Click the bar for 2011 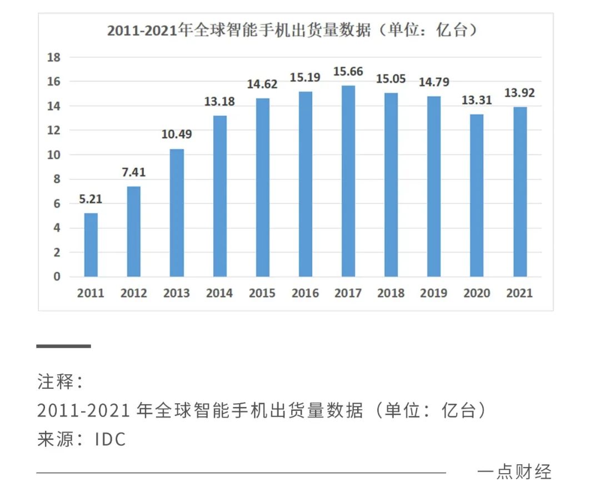point(91,245)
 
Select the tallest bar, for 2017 point(348,181)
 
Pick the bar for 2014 point(219,196)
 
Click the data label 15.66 point(348,72)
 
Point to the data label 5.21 point(91,199)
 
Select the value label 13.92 point(519,93)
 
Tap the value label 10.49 point(177,135)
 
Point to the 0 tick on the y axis point(57,277)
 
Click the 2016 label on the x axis point(305,293)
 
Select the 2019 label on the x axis point(434,293)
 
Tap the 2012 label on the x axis point(133,293)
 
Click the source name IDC point(111,439)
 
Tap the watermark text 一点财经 point(514,471)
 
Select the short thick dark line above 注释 point(63,346)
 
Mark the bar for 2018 point(391,185)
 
